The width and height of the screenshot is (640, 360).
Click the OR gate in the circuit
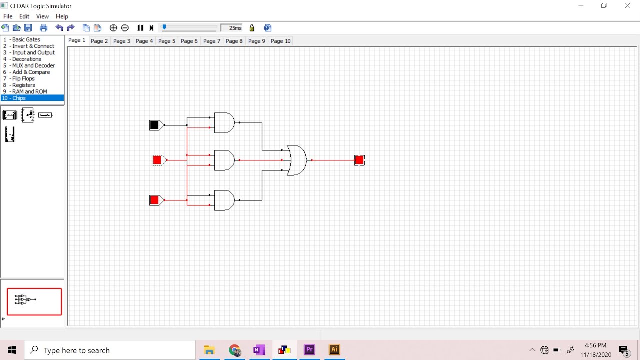(297, 160)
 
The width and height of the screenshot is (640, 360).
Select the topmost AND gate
(224, 123)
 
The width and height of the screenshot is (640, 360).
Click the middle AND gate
(224, 160)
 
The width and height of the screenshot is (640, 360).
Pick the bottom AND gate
(224, 200)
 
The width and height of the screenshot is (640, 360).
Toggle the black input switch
(154, 125)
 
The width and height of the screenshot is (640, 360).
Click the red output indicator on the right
(359, 160)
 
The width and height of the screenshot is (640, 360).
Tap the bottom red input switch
(154, 200)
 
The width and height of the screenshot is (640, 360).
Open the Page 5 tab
(167, 41)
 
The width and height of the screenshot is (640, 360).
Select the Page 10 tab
(281, 41)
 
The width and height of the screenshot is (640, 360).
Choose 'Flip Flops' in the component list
(23, 78)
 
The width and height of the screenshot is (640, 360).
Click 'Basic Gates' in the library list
(26, 39)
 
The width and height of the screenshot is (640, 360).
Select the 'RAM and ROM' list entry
(29, 91)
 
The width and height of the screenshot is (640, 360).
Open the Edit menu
(24, 16)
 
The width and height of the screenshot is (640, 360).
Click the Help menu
(62, 16)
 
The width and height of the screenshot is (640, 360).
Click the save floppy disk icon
(28, 28)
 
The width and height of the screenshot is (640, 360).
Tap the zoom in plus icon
(113, 28)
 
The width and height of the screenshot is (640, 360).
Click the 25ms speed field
(231, 28)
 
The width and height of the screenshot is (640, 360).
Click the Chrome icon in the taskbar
(235, 350)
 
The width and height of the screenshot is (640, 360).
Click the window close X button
(627, 5)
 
